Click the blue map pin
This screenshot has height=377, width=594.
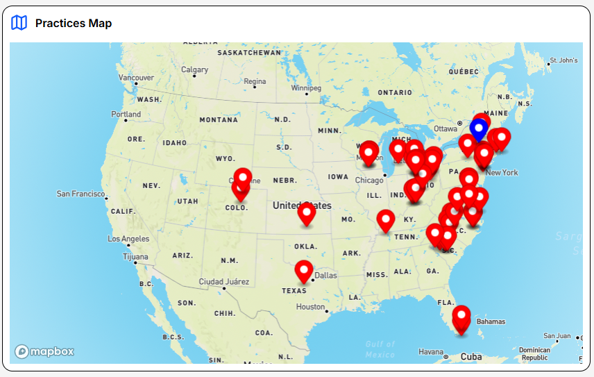pyautogui.click(x=477, y=128)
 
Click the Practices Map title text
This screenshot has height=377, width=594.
pyautogui.click(x=74, y=24)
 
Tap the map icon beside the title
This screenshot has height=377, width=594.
pyautogui.click(x=19, y=23)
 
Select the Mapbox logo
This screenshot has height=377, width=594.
pyautogui.click(x=44, y=351)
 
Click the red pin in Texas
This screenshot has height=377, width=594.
pyautogui.click(x=303, y=270)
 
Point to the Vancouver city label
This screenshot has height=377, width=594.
pyautogui.click(x=136, y=77)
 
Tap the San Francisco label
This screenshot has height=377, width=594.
pyautogui.click(x=80, y=194)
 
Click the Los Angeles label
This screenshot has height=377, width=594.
pyautogui.click(x=128, y=239)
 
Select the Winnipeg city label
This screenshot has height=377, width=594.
pyautogui.click(x=306, y=88)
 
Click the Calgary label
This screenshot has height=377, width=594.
pyautogui.click(x=194, y=69)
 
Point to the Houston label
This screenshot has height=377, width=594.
pyautogui.click(x=310, y=306)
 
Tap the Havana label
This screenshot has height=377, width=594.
pyautogui.click(x=431, y=351)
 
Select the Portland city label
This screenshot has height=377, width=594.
pyautogui.click(x=126, y=114)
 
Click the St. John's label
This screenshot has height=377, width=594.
pyautogui.click(x=563, y=60)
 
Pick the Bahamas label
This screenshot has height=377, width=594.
pyautogui.click(x=491, y=321)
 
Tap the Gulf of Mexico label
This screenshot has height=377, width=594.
pyautogui.click(x=380, y=349)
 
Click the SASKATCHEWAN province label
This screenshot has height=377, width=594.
pyautogui.click(x=249, y=52)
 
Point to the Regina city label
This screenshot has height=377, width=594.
pyautogui.click(x=255, y=81)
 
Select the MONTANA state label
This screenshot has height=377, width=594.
pyautogui.click(x=219, y=120)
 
